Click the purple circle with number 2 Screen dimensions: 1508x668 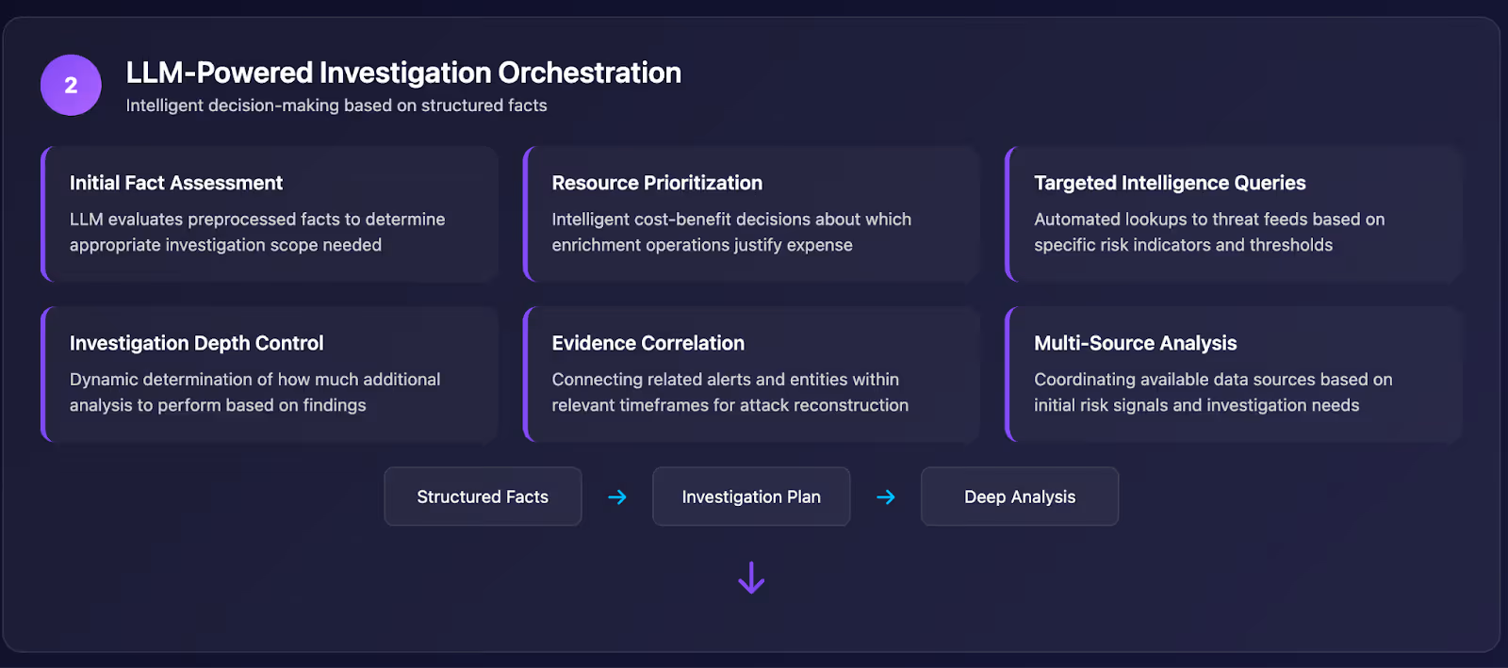tap(71, 85)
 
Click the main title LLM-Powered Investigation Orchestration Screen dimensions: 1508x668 tap(403, 73)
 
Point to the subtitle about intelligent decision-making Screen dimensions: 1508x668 tap(336, 106)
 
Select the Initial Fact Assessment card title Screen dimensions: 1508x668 tap(175, 183)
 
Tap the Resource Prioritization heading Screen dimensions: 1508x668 tap(657, 183)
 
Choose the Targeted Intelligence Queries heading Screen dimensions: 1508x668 tap(1170, 183)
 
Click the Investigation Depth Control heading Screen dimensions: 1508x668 tap(197, 343)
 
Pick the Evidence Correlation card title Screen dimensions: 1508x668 tap(647, 343)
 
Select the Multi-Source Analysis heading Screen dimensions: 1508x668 tap(1135, 343)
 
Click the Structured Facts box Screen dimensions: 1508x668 tap(483, 497)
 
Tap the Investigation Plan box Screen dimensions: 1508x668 tap(751, 497)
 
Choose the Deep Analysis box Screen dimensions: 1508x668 tap(1020, 497)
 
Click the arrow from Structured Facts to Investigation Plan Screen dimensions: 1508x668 tap(617, 497)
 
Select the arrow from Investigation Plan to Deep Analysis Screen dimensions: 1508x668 tap(886, 497)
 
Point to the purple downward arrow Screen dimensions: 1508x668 tap(751, 578)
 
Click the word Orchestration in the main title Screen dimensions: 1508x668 tap(589, 73)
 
